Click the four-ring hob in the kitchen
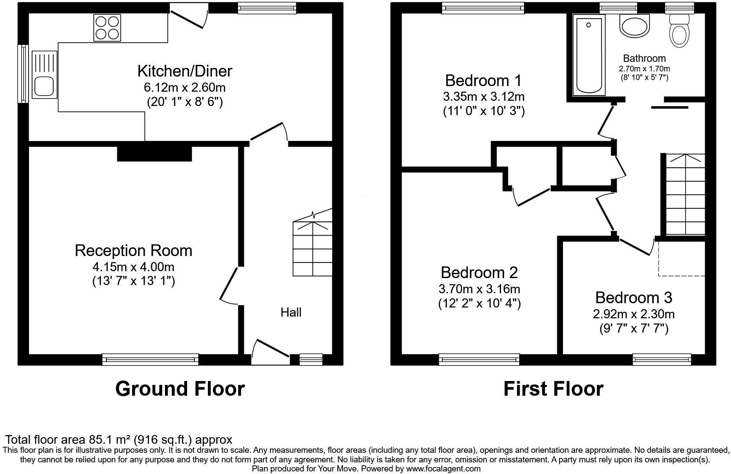tap(107, 28)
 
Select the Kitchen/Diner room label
tap(184, 71)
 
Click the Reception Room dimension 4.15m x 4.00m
tap(133, 267)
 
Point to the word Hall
tap(291, 312)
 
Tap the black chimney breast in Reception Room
tap(154, 154)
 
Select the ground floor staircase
tap(312, 249)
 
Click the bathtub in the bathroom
tap(589, 55)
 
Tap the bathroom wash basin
tap(635, 26)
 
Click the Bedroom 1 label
tap(483, 80)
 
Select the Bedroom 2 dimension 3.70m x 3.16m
tap(479, 288)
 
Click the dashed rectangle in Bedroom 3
tap(681, 258)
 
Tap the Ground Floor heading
tap(180, 388)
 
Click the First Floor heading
tap(553, 388)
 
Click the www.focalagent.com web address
tap(443, 468)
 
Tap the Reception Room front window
tap(150, 359)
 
